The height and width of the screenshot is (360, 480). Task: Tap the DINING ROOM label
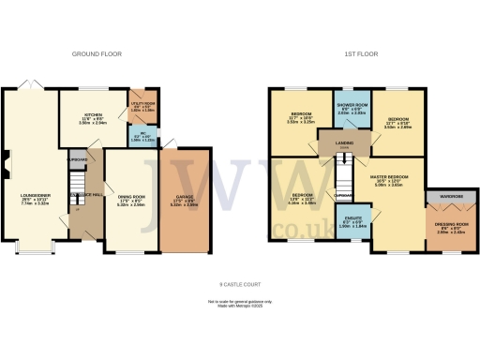coord(130,199)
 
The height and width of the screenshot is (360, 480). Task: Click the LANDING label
coord(344,142)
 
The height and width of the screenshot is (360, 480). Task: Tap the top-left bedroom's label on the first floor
coord(299,116)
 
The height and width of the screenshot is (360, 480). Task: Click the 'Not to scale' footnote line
coord(239,302)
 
